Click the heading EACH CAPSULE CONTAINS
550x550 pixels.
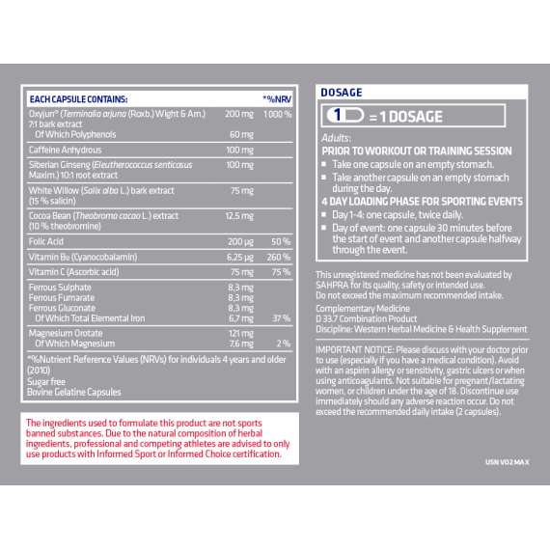[x=78, y=98]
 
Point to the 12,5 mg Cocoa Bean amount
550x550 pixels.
[x=239, y=216]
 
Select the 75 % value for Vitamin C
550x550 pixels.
[x=281, y=273]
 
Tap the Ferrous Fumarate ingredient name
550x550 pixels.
[x=64, y=298]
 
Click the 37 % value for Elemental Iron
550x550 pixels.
[x=281, y=317]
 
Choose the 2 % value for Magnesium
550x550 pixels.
[x=284, y=343]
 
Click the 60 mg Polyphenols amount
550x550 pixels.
[x=240, y=133]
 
